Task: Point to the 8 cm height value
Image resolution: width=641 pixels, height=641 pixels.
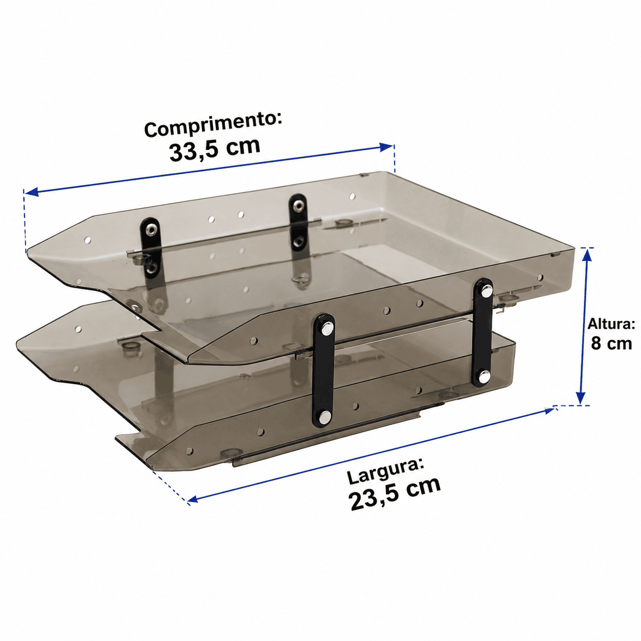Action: [611, 344]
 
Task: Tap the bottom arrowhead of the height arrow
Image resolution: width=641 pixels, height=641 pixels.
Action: [581, 397]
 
